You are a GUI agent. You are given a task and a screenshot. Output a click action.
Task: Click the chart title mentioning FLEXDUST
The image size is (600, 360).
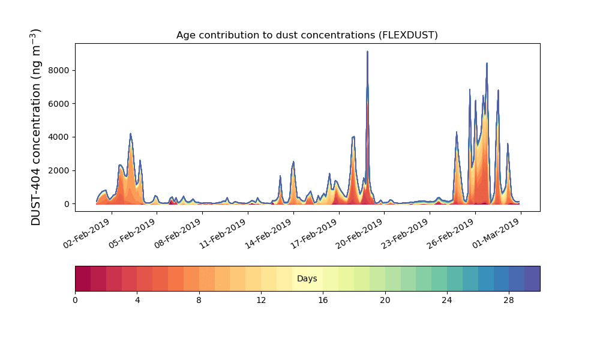click(x=307, y=35)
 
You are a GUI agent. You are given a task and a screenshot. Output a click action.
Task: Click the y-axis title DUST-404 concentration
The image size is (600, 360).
click(x=35, y=127)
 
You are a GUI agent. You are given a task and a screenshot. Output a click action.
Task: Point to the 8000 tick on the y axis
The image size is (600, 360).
click(x=59, y=70)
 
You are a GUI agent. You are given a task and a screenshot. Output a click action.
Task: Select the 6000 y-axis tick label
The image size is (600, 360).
click(x=59, y=104)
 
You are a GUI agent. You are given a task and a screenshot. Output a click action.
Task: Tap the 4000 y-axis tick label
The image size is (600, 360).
click(x=59, y=137)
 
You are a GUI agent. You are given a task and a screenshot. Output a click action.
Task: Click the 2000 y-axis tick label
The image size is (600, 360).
click(x=59, y=170)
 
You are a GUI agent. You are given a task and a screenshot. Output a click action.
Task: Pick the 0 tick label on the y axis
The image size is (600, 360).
click(x=67, y=204)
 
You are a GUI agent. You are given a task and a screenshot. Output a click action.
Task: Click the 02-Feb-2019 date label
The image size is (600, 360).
click(x=87, y=234)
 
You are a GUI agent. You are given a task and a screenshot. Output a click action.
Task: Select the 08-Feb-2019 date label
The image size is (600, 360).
click(x=178, y=234)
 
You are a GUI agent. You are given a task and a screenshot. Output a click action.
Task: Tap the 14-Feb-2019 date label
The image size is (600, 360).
click(x=269, y=234)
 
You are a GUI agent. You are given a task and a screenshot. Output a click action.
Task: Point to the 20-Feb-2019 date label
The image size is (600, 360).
click(x=359, y=234)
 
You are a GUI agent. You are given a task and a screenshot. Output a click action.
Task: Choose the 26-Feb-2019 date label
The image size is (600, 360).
click(x=451, y=234)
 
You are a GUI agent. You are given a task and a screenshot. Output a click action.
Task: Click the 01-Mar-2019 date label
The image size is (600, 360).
click(x=496, y=234)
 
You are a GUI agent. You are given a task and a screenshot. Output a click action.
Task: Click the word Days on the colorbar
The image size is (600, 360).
click(x=307, y=278)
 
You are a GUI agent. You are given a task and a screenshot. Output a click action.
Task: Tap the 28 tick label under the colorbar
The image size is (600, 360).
click(x=509, y=301)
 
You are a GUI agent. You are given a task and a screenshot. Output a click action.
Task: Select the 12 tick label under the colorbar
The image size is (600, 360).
click(x=261, y=301)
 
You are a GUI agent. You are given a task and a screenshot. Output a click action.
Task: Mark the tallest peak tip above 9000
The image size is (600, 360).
click(x=367, y=51)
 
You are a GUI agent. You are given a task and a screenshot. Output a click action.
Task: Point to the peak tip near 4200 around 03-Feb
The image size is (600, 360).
click(x=130, y=134)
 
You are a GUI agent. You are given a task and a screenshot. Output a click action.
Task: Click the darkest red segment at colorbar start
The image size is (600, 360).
click(x=83, y=278)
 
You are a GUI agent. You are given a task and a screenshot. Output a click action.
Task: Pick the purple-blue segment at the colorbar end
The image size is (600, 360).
click(x=532, y=278)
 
